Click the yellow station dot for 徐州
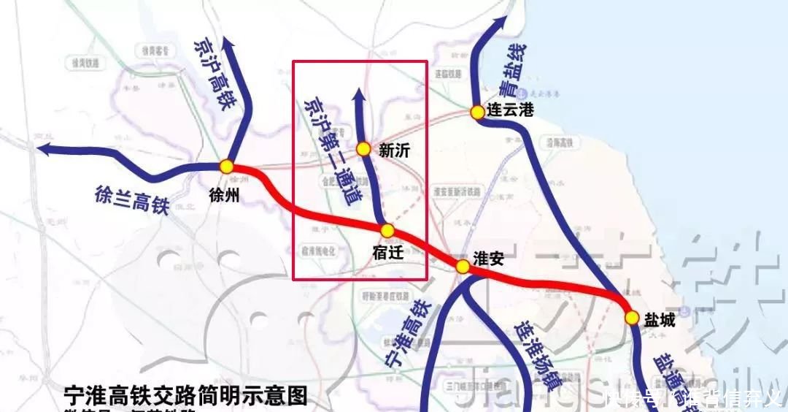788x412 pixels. pos(227,167)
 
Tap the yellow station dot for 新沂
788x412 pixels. pos(363,149)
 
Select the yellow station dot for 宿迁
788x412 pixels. pos(387,231)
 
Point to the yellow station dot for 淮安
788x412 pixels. pos(463,267)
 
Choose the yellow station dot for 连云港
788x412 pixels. pos(477,112)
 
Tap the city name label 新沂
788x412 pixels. pos(395,150)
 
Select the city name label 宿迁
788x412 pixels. pos(388,253)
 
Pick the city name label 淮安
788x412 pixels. pos(490,259)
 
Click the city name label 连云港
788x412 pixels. pos(511,111)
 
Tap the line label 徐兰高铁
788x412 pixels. pos(131,199)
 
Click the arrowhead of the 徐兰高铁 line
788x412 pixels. pos(45,149)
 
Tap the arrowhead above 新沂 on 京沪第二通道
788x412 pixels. pos(358,95)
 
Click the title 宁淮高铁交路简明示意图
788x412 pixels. pos(185,397)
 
